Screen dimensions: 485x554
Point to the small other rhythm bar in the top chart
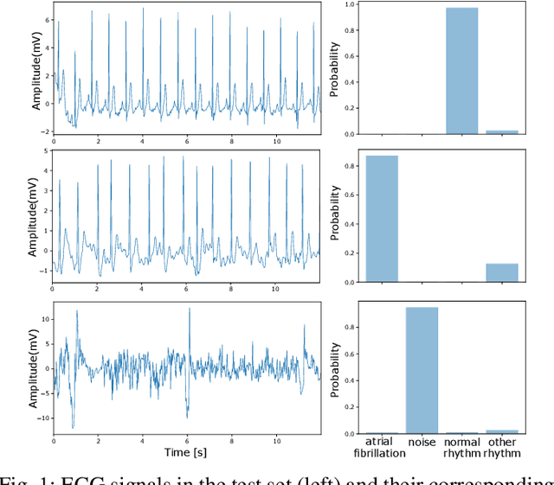502,132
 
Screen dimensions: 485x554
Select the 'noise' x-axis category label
422,442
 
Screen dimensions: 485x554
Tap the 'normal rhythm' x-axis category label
461,447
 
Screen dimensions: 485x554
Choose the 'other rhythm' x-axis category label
502,447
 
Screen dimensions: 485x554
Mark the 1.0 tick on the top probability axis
350,4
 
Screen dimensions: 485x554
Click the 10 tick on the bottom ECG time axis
276,441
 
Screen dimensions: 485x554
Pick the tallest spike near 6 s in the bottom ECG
189,310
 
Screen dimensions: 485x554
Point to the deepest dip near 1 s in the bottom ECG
73,427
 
